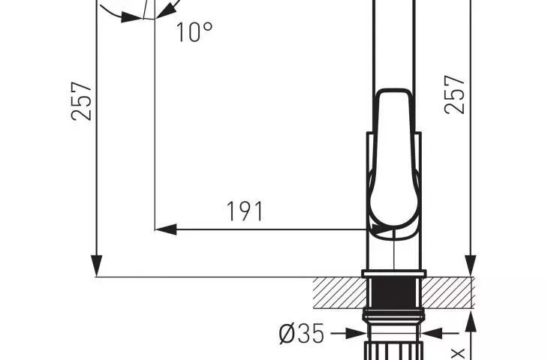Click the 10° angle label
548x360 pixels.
(194, 32)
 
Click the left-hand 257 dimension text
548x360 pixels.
(82, 101)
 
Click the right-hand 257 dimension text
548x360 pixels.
(455, 94)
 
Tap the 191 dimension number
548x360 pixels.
(245, 211)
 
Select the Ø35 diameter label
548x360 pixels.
(302, 334)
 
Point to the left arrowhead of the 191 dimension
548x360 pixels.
(165, 229)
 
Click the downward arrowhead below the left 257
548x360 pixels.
(96, 266)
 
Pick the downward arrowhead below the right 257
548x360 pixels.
(471, 266)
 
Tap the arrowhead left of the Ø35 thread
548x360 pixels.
(356, 334)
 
